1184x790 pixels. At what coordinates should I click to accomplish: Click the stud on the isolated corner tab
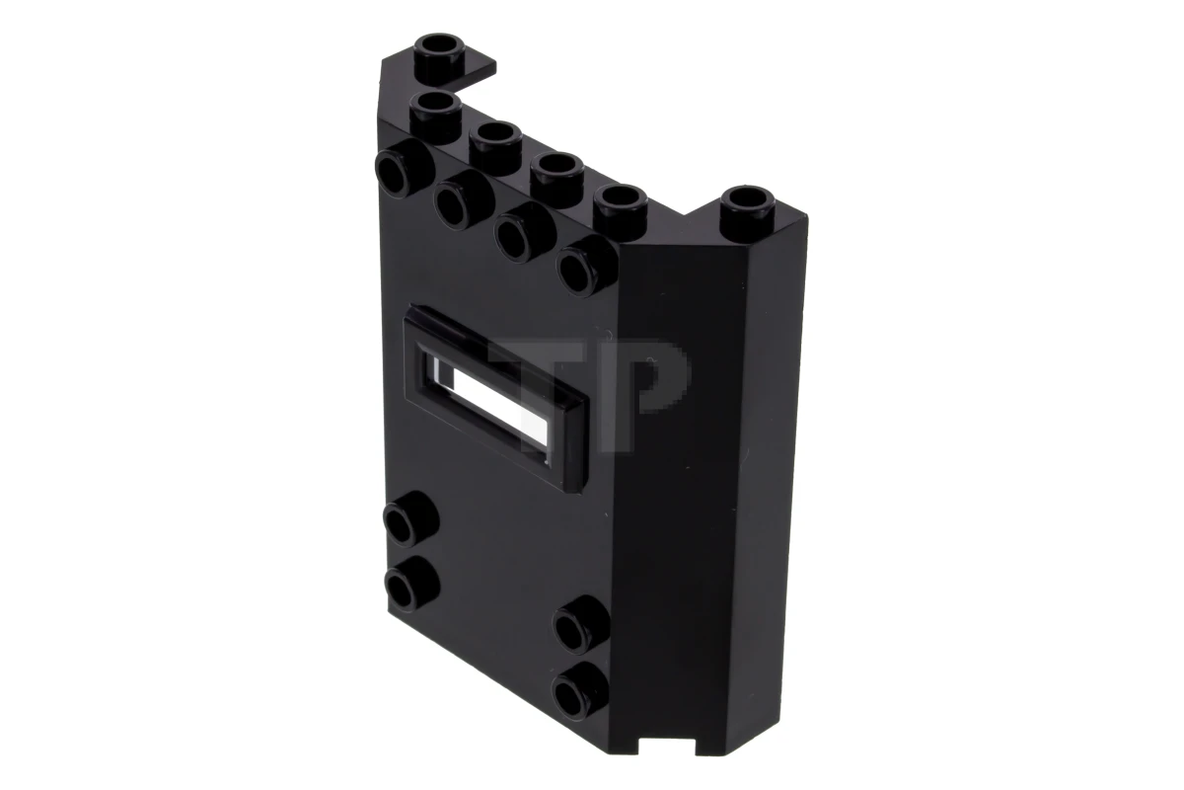444,49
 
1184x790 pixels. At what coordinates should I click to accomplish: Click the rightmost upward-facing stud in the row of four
620,199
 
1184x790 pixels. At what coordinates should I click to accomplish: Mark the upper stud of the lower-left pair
407,518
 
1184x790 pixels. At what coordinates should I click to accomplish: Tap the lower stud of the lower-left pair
407,582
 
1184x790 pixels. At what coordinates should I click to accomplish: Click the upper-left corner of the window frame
412,314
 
